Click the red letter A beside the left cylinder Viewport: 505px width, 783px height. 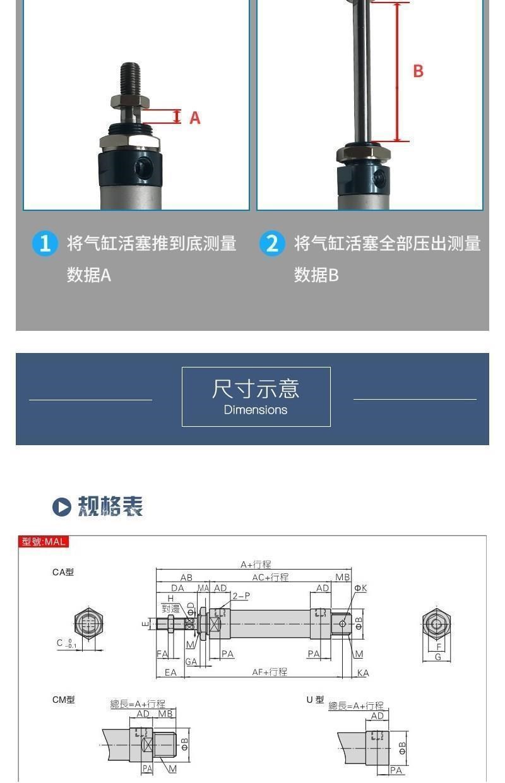[x=195, y=117]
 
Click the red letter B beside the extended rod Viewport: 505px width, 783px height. [x=418, y=71]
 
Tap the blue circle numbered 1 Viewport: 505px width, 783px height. [x=45, y=243]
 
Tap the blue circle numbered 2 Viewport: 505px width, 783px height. [x=272, y=243]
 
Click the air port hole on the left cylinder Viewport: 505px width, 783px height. [x=144, y=167]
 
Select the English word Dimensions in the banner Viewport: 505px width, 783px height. [x=256, y=410]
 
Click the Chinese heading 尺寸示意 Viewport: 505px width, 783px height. [x=256, y=388]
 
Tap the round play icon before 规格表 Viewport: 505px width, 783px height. [x=61, y=507]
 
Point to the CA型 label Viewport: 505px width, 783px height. [x=63, y=572]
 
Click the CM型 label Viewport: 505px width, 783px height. [x=63, y=700]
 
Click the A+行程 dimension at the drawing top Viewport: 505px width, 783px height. [x=255, y=565]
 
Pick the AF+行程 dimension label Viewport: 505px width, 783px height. [x=270, y=672]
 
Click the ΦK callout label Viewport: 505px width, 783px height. [x=360, y=588]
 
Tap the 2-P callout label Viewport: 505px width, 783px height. [x=241, y=596]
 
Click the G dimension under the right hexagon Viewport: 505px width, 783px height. [x=438, y=657]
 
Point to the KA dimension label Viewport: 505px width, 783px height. [x=362, y=673]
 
